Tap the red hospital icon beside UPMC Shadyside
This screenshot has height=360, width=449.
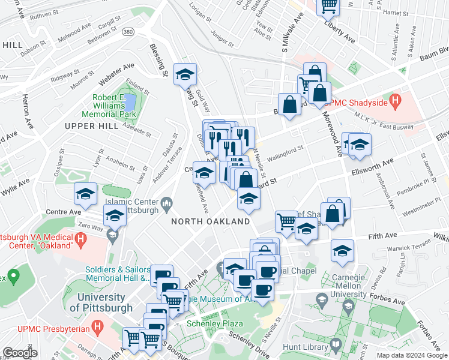click(x=394, y=101)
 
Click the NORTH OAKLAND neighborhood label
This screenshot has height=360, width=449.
click(x=210, y=221)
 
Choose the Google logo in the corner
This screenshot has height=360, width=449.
click(x=20, y=353)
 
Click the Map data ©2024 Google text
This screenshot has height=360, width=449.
click(x=412, y=355)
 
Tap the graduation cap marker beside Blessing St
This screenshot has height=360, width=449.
click(x=185, y=74)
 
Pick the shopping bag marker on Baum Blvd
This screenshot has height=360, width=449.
click(x=289, y=104)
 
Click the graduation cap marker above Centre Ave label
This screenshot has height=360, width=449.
click(x=86, y=194)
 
